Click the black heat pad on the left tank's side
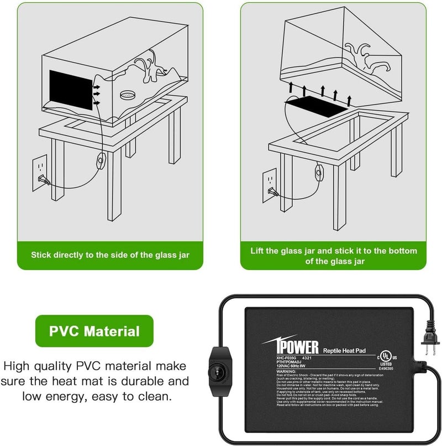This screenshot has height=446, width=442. click(71, 90)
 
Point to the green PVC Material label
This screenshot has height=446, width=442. click(94, 331)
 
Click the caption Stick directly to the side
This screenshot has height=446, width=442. click(110, 255)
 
